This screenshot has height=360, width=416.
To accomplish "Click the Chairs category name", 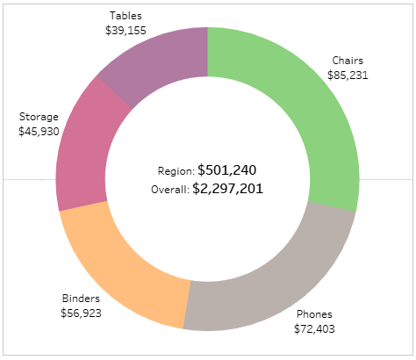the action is (x=348, y=61).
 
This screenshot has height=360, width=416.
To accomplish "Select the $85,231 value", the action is (x=348, y=76).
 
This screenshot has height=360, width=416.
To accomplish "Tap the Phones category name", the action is (x=314, y=314).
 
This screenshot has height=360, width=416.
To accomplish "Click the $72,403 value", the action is (x=314, y=328).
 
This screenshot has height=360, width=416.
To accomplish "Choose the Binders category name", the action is (x=81, y=299).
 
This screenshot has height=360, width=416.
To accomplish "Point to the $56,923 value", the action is (x=81, y=313).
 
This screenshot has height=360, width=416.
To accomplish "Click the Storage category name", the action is (x=39, y=117).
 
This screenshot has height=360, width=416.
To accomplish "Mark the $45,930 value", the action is (x=39, y=131).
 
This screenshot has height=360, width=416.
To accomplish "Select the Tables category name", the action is (x=126, y=16).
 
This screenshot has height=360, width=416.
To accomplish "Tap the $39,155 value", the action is (x=126, y=30).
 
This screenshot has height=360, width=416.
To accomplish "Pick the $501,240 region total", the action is (x=227, y=170).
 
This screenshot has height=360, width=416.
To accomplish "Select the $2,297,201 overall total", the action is (x=228, y=189).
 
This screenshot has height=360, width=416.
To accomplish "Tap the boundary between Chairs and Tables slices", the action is (x=207, y=52).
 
